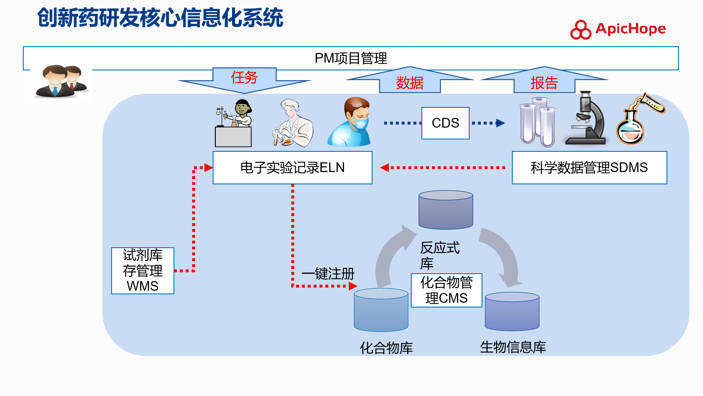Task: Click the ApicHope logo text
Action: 630,29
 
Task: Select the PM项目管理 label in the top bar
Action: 351,58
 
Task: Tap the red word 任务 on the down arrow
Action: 244,77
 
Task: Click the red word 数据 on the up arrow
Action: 409,83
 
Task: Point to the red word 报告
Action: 544,83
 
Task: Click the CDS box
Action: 446,123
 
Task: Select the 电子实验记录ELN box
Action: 293,168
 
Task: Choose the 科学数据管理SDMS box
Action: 589,168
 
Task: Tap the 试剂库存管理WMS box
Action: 143,271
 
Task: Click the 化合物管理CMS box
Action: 446,290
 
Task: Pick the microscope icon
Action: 586,118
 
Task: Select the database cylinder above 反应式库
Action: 446,209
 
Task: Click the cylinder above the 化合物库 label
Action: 381,310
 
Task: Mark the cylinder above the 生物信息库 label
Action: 512,312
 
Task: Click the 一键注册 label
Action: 328,274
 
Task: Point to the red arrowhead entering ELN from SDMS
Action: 384,168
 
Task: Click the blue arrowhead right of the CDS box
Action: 500,123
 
